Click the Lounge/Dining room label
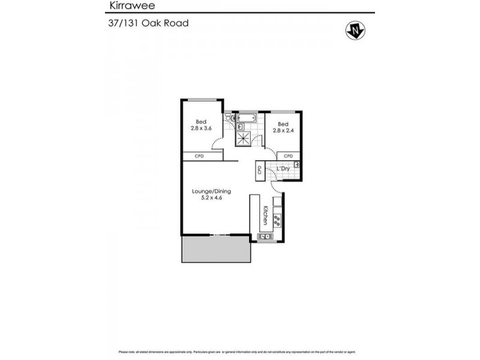[x=211, y=191]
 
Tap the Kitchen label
[x=265, y=215]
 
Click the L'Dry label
[x=284, y=169]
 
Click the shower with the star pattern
[x=243, y=137]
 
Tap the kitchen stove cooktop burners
[x=277, y=220]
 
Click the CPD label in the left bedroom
[x=200, y=156]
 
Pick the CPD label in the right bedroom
[x=288, y=156]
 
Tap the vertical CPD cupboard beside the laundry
[x=260, y=170]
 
